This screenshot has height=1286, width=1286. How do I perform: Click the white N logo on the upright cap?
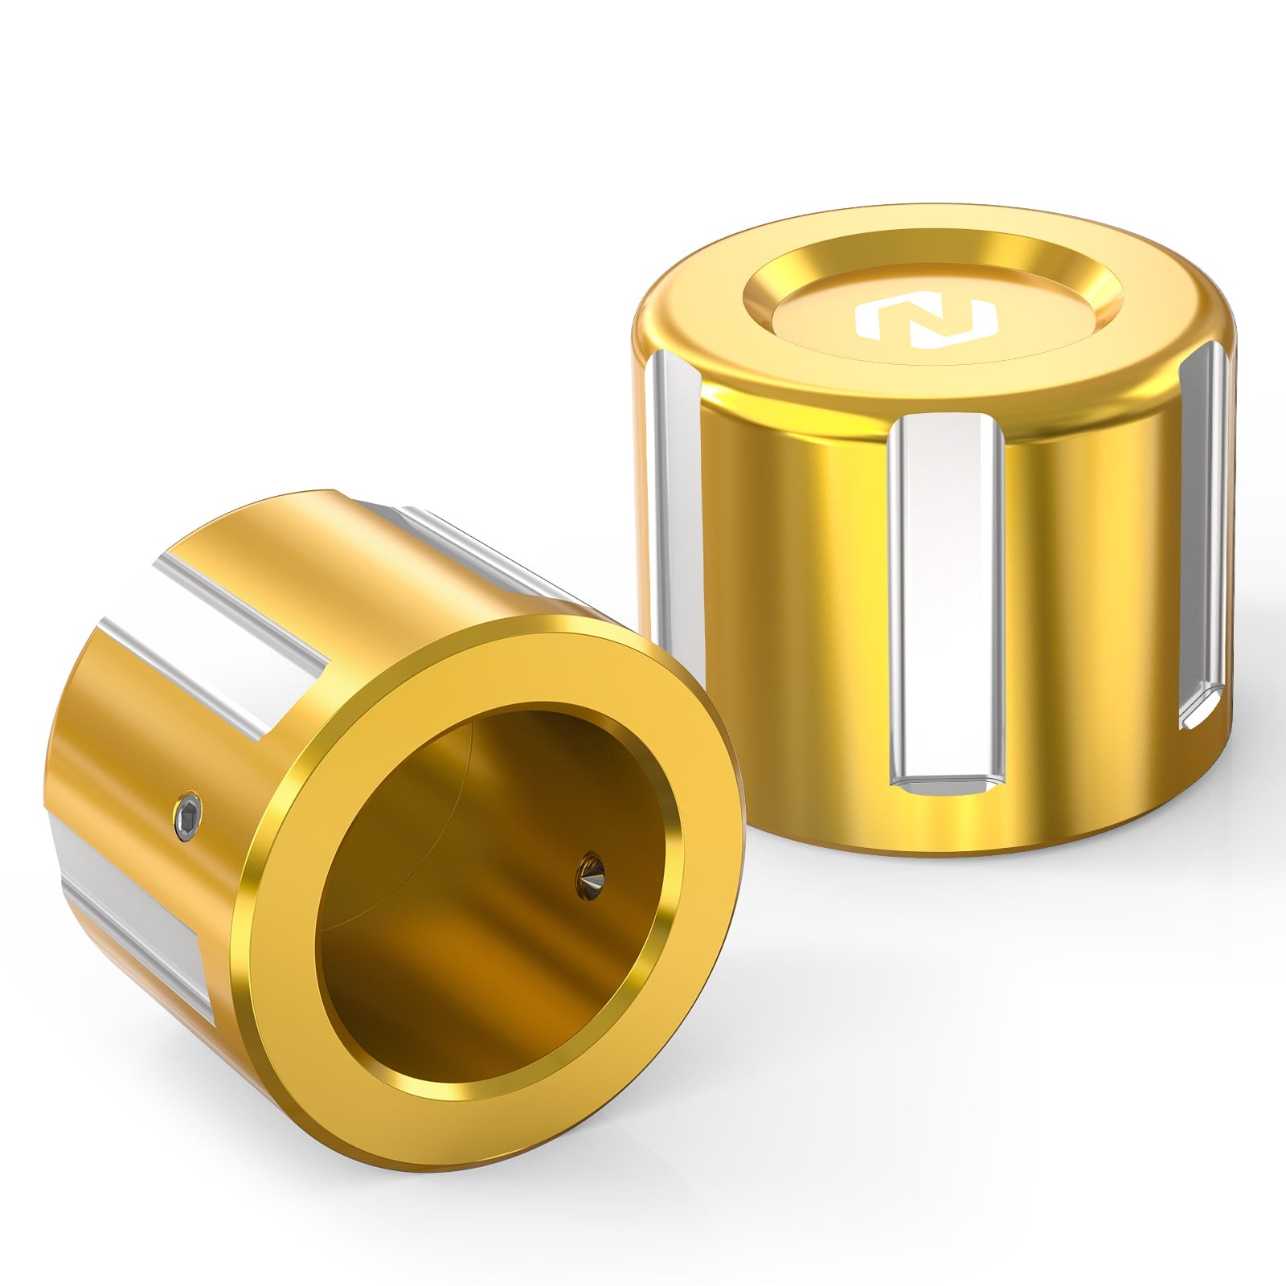(x=927, y=319)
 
